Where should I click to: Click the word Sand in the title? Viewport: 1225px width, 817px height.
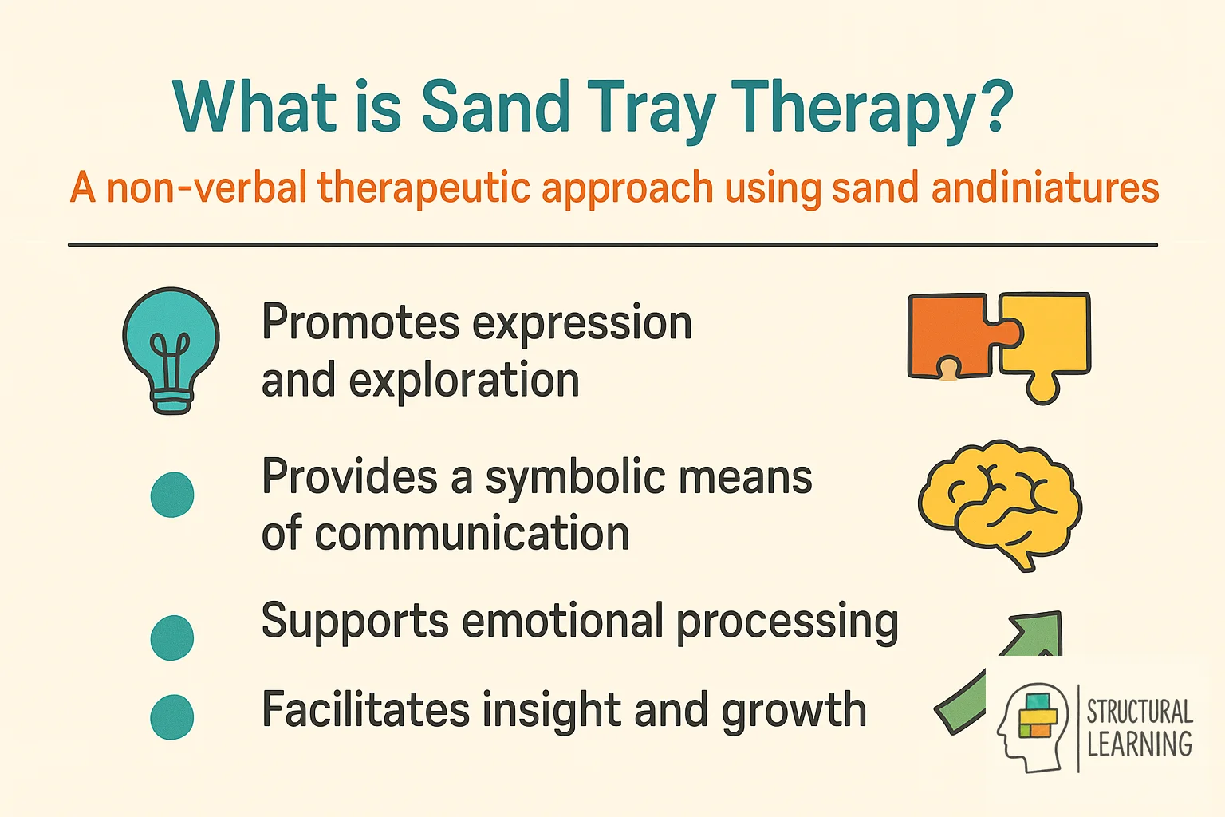494,107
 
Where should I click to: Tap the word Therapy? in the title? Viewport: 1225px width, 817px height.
871,110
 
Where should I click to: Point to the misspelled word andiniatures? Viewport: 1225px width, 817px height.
1045,188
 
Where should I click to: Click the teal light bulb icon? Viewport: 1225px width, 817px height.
171,349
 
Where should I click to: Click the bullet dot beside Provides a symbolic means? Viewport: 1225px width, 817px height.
172,495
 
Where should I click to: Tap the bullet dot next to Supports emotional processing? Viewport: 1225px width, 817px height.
172,637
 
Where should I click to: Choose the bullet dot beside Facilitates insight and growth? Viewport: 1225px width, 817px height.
172,716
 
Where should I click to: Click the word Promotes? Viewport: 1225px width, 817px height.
360,323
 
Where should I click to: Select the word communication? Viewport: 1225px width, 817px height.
472,534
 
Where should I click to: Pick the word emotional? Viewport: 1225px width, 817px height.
562,622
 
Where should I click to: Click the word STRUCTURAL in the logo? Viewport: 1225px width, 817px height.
1139,711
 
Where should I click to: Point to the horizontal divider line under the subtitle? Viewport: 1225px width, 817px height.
612,245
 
